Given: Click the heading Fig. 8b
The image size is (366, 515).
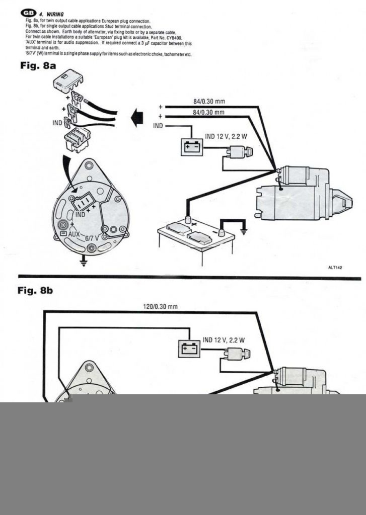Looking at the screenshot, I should click(36, 291).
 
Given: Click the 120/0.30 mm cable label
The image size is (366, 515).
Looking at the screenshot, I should click(157, 306).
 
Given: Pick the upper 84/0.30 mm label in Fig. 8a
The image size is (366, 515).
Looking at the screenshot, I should click(209, 102).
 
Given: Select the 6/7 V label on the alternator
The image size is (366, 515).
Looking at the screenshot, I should click(92, 238).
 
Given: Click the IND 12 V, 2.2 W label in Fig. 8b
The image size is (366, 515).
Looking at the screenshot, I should click(224, 340).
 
